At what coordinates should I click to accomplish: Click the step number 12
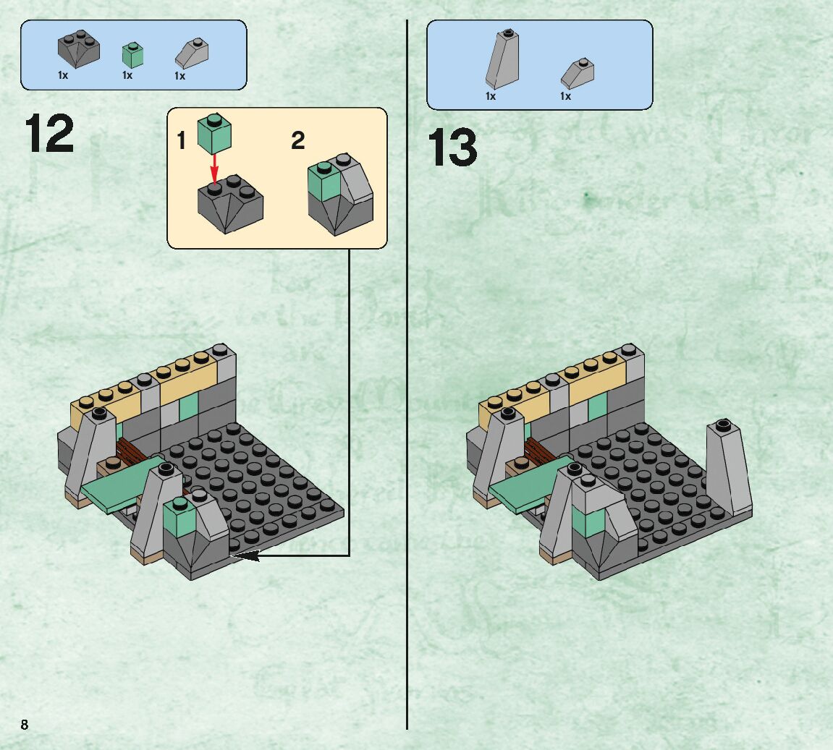tap(49, 133)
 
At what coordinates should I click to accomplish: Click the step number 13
tap(452, 148)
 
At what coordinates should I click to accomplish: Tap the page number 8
tap(25, 725)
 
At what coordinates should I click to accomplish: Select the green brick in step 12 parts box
tap(132, 55)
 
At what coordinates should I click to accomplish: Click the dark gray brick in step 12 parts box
tap(78, 49)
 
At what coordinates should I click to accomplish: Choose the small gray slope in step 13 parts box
tap(578, 73)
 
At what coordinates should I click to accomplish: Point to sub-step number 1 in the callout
tap(182, 141)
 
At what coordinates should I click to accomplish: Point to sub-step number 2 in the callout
tap(297, 141)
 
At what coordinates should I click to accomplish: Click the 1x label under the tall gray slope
tap(491, 96)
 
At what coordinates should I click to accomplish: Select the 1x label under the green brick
tap(127, 75)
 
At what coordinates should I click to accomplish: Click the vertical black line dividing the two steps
tap(407, 434)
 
